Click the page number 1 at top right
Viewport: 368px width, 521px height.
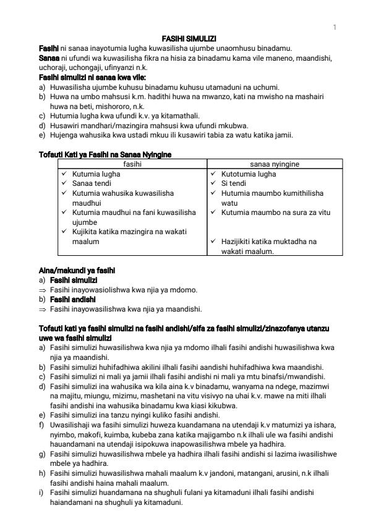point(335,27)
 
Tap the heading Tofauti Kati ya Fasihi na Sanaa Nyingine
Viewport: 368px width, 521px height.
point(106,154)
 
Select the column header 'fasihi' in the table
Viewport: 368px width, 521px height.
point(132,164)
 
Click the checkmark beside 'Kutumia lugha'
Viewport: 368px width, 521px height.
point(64,175)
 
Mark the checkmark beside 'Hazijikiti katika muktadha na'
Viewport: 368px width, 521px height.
point(213,242)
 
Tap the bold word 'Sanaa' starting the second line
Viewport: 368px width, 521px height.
point(48,57)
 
